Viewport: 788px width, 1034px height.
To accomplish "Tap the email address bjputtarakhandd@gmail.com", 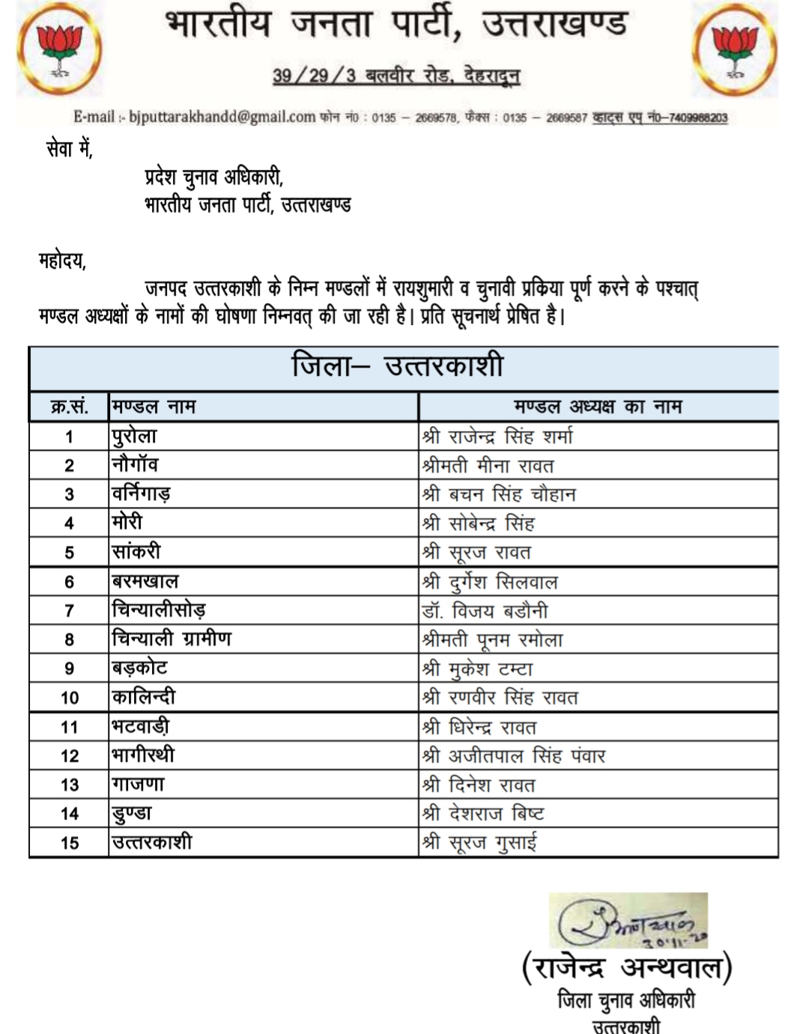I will pos(222,117).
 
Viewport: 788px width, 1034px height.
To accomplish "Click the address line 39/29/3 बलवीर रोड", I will pos(395,75).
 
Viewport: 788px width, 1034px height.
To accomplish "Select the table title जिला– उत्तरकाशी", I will pos(397,367).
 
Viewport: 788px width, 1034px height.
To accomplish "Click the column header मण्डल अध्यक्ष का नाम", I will pos(598,407).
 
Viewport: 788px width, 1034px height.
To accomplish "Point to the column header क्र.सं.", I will pos(69,407).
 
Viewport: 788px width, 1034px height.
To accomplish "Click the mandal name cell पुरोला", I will pos(135,437).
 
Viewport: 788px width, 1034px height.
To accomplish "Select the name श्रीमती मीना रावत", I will pos(488,466).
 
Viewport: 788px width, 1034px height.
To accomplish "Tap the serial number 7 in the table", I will pos(69,611).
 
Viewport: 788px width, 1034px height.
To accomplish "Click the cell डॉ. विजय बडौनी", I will pos(485,611).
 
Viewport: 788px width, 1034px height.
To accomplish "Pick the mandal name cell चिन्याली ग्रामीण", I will pos(172,639).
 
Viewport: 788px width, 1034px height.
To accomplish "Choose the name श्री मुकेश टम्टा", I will pos(477,669).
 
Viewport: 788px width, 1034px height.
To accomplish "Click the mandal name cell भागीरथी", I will pos(143,755).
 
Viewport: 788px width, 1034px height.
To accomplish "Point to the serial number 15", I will pos(69,843).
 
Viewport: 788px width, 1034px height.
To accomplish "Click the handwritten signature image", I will pos(628,920).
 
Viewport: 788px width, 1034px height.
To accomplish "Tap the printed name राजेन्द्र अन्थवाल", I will pos(626,968).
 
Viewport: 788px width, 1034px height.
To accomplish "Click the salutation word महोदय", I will pos(62,261).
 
